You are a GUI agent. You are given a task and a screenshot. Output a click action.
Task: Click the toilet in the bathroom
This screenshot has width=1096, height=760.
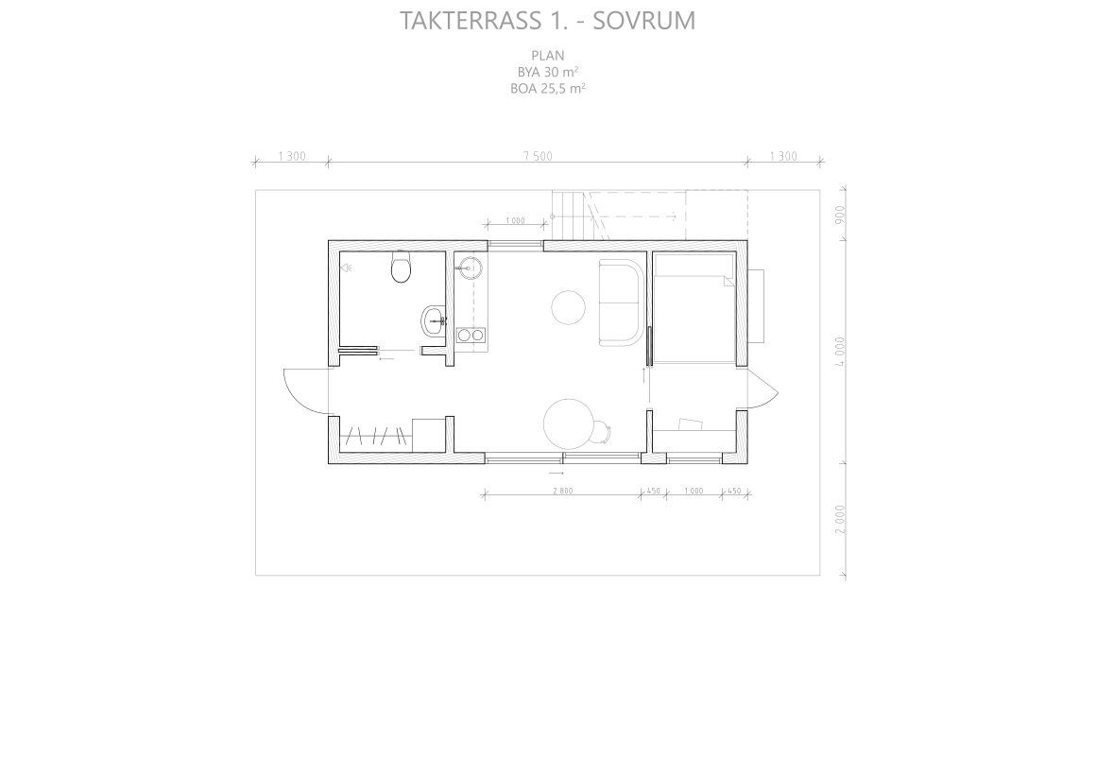[401, 267]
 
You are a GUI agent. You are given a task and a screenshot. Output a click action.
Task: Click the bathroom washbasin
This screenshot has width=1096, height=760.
[434, 320]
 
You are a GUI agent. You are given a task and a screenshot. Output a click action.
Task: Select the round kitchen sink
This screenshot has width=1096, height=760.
[470, 267]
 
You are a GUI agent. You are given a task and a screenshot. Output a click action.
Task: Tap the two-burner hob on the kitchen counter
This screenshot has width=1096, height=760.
[471, 335]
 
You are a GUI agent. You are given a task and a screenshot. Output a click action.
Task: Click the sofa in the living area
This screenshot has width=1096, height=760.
[622, 302]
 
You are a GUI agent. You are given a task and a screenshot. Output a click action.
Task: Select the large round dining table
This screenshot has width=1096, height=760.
[568, 423]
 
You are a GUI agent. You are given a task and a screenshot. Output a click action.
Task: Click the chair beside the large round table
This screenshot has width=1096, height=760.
[601, 431]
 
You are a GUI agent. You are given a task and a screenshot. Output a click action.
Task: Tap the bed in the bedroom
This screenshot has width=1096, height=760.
[694, 308]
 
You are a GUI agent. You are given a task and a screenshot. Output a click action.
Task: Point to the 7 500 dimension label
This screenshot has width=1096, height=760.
[538, 156]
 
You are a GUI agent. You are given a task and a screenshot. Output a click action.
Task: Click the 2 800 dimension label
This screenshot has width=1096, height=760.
[563, 491]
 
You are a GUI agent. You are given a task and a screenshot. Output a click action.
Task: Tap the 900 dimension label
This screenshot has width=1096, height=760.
[840, 214]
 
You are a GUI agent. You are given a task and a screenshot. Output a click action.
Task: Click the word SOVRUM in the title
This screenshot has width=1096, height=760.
[643, 20]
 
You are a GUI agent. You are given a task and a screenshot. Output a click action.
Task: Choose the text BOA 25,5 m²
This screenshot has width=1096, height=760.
[548, 89]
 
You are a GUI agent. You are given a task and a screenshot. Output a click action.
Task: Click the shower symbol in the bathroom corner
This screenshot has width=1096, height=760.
[346, 268]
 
